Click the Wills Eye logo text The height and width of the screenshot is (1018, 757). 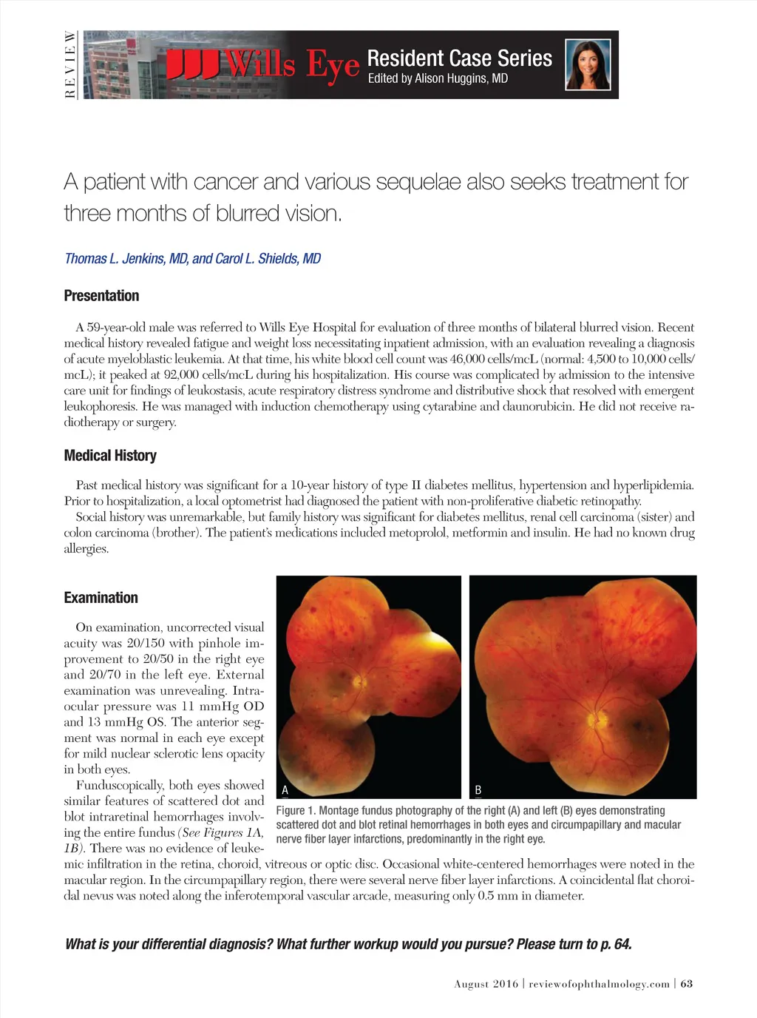263,64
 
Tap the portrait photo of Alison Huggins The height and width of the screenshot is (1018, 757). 588,64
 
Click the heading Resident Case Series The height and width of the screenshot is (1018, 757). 459,58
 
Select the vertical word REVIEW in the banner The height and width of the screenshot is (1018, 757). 70,64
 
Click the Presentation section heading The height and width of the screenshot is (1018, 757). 101,296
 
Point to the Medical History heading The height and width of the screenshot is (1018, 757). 110,456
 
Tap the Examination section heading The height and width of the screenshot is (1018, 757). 101,598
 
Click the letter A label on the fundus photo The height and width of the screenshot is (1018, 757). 285,790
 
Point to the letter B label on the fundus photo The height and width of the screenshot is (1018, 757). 478,790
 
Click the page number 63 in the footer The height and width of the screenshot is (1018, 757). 687,984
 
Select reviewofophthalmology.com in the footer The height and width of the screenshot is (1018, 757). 599,984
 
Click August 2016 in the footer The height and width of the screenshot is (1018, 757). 486,984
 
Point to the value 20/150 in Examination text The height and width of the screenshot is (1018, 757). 145,644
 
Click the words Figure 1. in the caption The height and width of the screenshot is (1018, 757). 295,811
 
